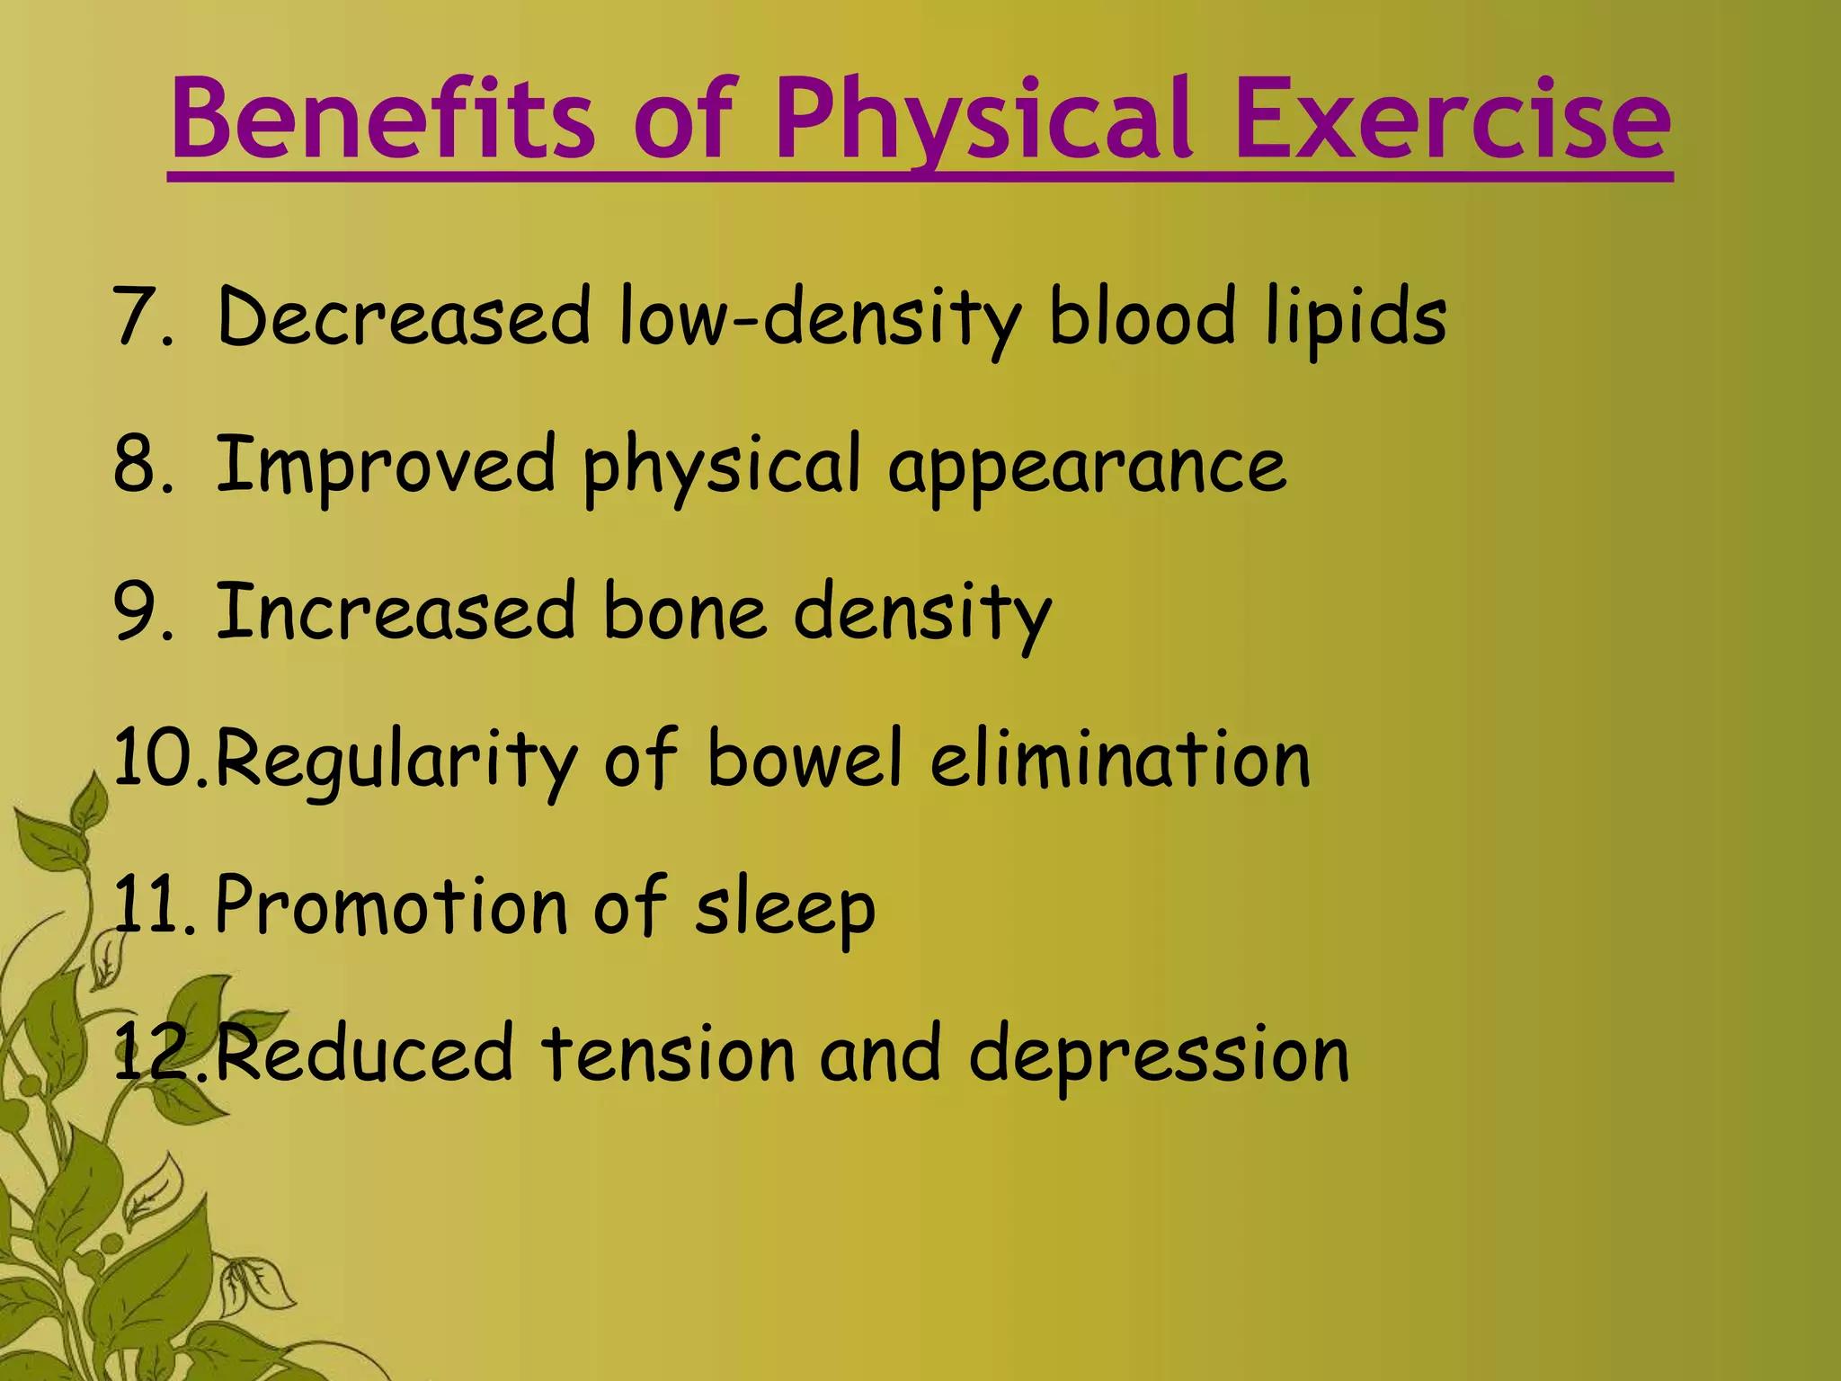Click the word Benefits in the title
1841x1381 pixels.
tap(382, 120)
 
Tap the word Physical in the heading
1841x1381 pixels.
tap(984, 120)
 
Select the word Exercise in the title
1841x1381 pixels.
tap(1453, 120)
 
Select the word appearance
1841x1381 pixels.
tap(1088, 465)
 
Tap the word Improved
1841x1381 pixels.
tap(386, 465)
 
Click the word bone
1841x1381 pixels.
tap(684, 612)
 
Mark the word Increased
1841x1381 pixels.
tap(396, 612)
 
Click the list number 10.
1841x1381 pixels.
tap(158, 760)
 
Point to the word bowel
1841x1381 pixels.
tap(805, 760)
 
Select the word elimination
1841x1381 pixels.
tap(1120, 760)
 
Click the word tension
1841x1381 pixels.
tap(669, 1054)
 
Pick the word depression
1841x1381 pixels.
tap(1159, 1054)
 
